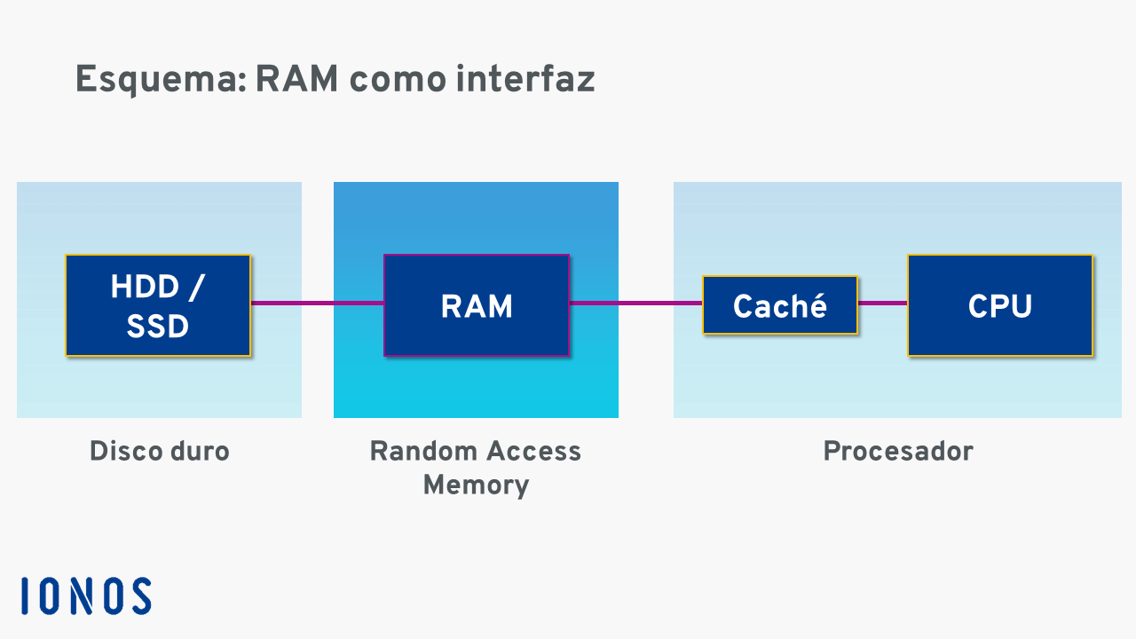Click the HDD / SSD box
coord(158,305)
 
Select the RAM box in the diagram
coord(476,305)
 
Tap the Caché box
coord(780,305)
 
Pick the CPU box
coord(999,305)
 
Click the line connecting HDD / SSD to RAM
coord(317,304)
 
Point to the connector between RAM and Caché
coord(635,304)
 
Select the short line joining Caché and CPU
coord(882,304)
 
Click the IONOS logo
coord(86,596)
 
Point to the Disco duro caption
coord(160,451)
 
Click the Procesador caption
coord(898,451)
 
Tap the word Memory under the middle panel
coord(476,485)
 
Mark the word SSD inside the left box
coord(158,327)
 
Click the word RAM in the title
coord(296,80)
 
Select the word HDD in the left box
coord(144,287)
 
